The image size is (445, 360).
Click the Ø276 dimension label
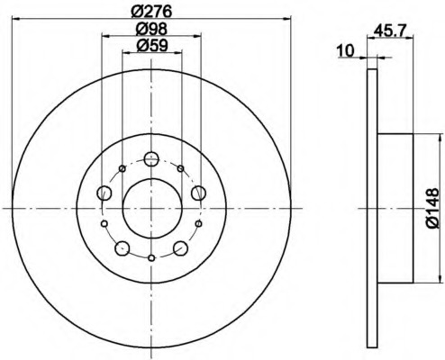pyautogui.click(x=151, y=11)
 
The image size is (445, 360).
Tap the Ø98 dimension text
pyautogui.click(x=151, y=29)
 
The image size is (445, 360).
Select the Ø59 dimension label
pyautogui.click(x=151, y=46)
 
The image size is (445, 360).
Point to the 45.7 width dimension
pyautogui.click(x=390, y=31)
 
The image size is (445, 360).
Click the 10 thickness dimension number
pyautogui.click(x=345, y=50)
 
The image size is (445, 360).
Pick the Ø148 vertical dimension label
pyautogui.click(x=431, y=208)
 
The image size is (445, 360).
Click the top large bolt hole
pyautogui.click(x=151, y=158)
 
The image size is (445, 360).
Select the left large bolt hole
pyautogui.click(x=104, y=193)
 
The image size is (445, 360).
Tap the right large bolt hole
pyautogui.click(x=198, y=193)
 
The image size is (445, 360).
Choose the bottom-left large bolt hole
pyautogui.click(x=123, y=248)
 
